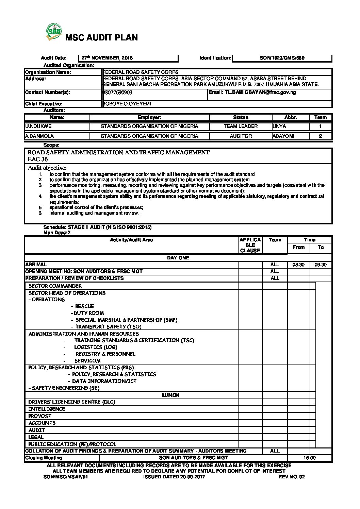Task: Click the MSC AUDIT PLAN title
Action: tap(101, 38)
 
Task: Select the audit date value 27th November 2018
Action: tap(107, 58)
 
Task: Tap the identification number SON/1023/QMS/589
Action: tap(282, 58)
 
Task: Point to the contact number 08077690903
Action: tap(118, 92)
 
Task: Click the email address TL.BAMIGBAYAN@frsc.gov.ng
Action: tap(252, 92)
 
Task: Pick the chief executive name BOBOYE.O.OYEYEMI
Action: tap(127, 104)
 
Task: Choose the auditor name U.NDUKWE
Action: tap(38, 126)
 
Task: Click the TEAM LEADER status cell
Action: tap(241, 126)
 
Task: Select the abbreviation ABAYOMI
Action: tap(283, 136)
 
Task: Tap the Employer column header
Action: tap(149, 118)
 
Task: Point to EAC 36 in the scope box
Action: tap(38, 159)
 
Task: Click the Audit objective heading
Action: tap(47, 168)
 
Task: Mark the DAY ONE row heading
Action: tap(178, 258)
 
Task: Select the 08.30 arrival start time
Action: tap(298, 265)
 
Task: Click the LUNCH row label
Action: tap(170, 395)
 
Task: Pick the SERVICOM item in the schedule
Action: tap(87, 361)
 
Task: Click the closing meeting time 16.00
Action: tap(310, 458)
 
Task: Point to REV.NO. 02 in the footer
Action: tap(292, 477)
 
